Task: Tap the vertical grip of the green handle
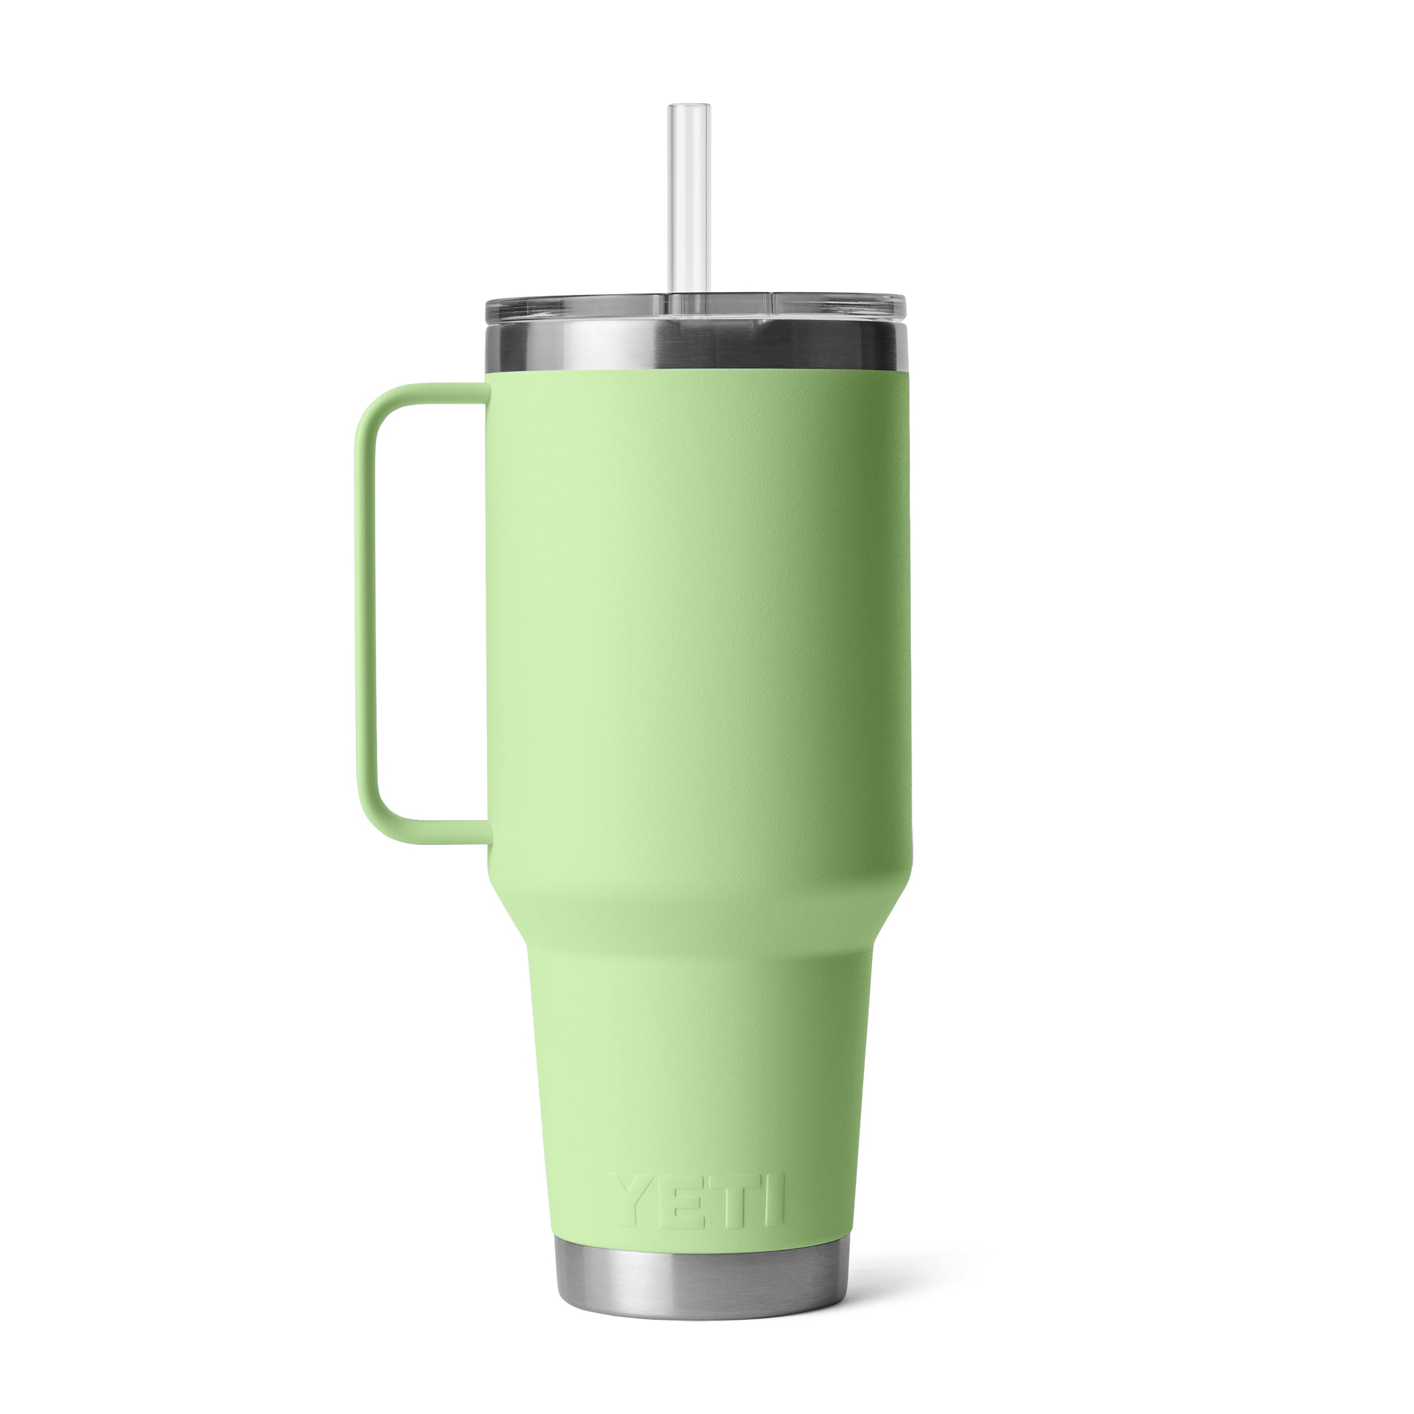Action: tap(366, 615)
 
